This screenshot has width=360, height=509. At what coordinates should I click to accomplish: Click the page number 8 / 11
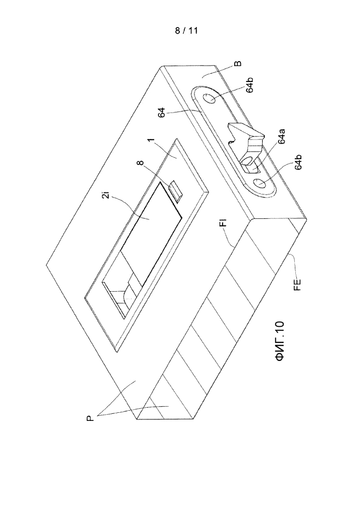[186, 31]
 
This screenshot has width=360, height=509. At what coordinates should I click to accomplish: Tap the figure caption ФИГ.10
[279, 342]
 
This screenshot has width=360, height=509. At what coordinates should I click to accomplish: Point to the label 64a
[281, 136]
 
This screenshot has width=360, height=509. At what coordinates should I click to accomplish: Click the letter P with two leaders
[90, 418]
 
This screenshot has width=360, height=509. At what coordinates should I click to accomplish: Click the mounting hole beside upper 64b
[209, 98]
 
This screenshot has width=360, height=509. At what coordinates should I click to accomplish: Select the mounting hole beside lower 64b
[261, 183]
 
